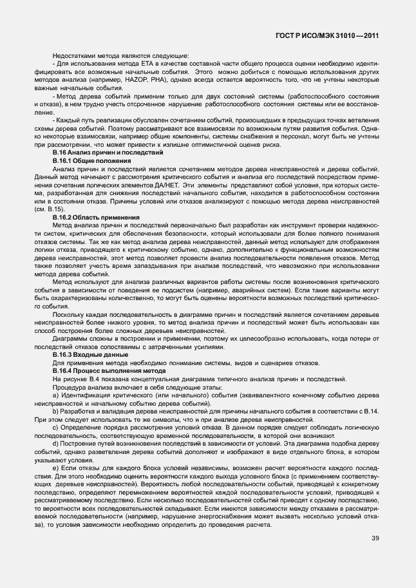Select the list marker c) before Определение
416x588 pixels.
[55, 427]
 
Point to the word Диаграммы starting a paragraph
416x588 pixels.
[72, 339]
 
